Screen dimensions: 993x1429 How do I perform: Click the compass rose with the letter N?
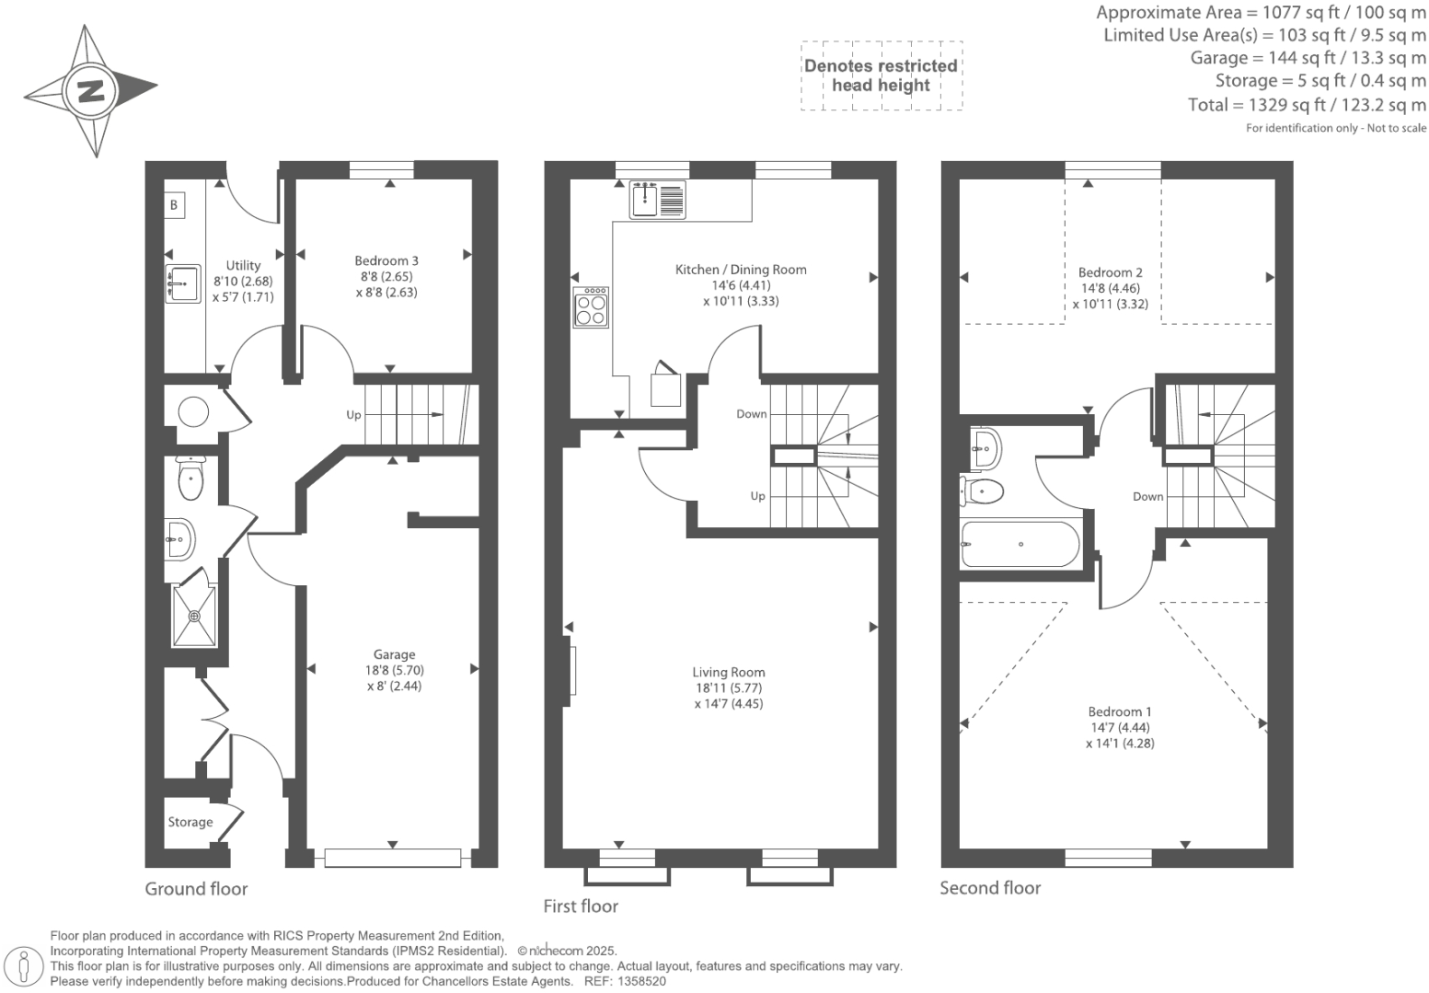(x=90, y=91)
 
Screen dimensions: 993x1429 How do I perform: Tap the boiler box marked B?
(x=174, y=205)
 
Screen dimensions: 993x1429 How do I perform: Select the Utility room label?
(x=243, y=265)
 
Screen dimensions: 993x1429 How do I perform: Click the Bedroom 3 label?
(x=386, y=260)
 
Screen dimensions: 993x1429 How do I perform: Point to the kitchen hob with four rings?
(x=591, y=307)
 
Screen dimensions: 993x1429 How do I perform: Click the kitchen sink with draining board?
(x=657, y=200)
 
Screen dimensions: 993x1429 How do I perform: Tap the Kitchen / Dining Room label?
(x=741, y=270)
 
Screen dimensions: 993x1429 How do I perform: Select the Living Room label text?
(x=729, y=672)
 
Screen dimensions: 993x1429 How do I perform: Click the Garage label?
(x=394, y=654)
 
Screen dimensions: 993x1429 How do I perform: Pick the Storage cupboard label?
(x=190, y=822)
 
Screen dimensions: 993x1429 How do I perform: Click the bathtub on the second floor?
(x=1020, y=544)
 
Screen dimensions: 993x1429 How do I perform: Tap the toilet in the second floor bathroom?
(x=983, y=491)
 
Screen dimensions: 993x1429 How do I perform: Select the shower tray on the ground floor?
(x=194, y=616)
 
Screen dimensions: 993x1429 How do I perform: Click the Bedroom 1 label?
(x=1119, y=711)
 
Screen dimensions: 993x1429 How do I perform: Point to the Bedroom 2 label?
(x=1110, y=272)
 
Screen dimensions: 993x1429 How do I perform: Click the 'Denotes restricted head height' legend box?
(x=881, y=75)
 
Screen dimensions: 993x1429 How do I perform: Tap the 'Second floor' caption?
(x=989, y=888)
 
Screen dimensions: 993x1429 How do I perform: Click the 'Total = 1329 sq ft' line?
(x=1306, y=105)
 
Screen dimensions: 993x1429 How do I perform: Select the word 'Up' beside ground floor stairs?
(x=353, y=415)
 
